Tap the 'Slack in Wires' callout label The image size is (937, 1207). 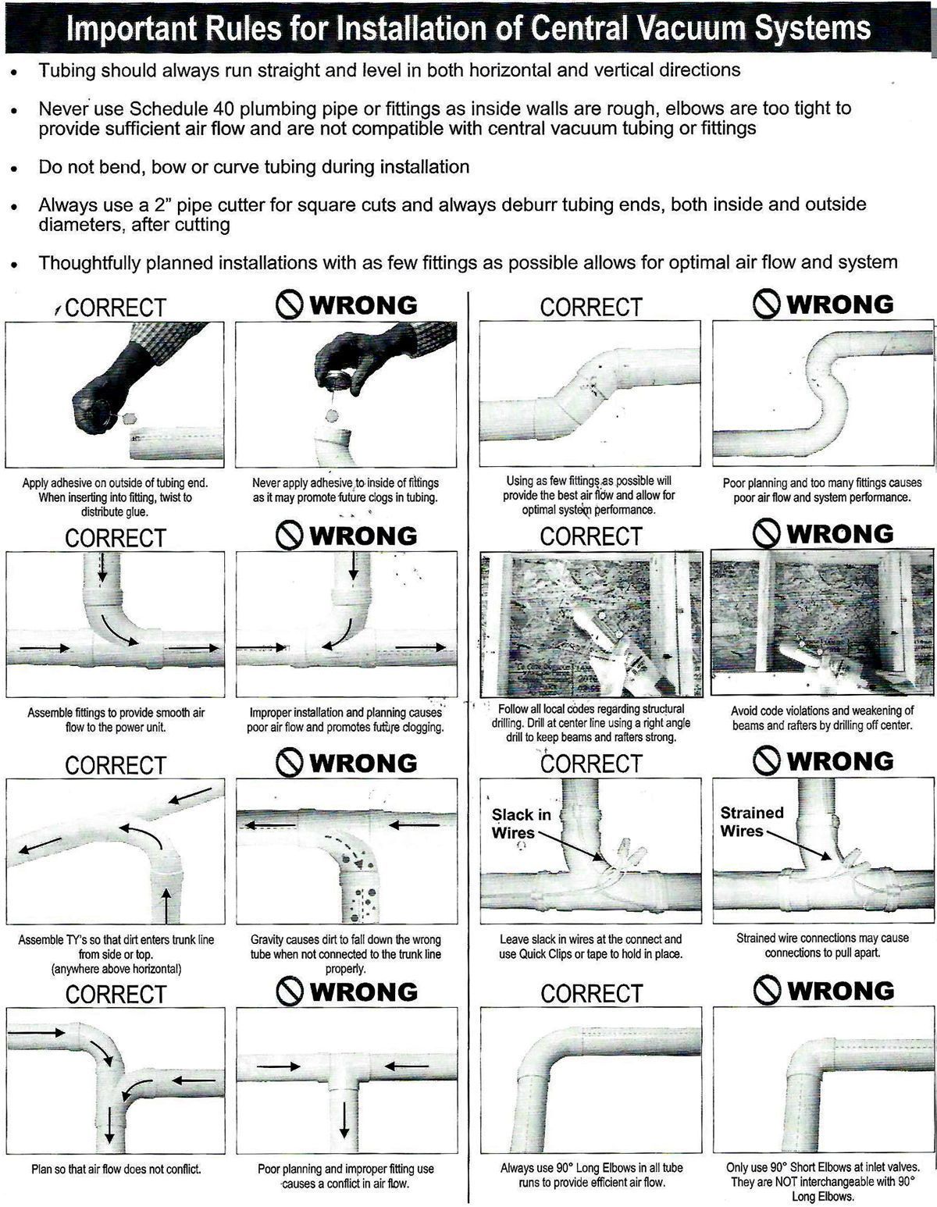coord(521,824)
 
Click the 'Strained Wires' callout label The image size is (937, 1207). coord(751,821)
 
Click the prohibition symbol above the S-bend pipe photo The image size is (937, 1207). coord(768,304)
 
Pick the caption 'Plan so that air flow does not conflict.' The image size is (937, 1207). coord(116,1169)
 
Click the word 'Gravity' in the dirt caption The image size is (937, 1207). coord(268,940)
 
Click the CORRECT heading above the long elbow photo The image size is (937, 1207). coord(590,993)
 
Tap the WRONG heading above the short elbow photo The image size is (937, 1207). coord(839,991)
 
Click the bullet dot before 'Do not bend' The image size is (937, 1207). coord(13,169)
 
